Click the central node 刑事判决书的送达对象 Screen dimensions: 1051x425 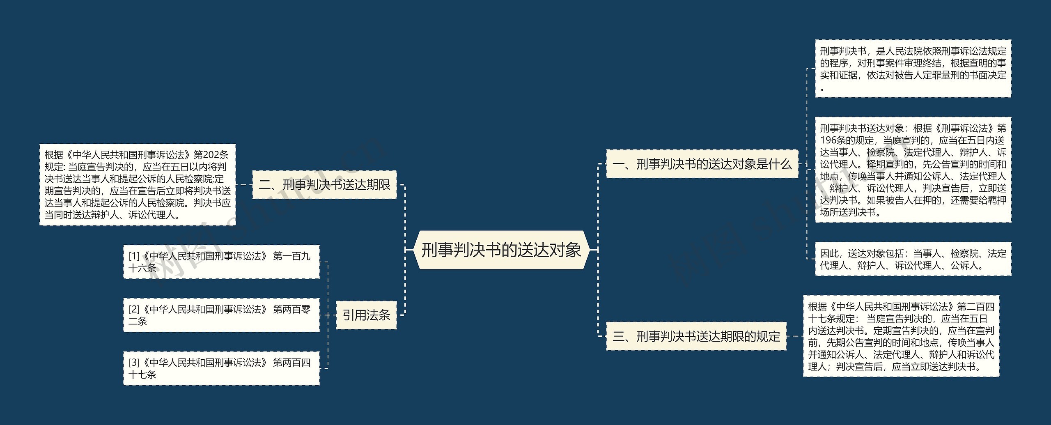pyautogui.click(x=501, y=250)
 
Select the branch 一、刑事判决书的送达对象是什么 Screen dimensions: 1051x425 pyautogui.click(x=702, y=164)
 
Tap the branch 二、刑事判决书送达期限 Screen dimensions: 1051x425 pyautogui.click(x=324, y=185)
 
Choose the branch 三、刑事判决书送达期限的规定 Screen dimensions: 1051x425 pyautogui.click(x=696, y=336)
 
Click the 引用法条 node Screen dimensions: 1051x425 pyautogui.click(x=366, y=315)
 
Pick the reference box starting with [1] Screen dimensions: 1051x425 pyautogui.click(x=221, y=262)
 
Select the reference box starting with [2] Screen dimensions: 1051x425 pyautogui.click(x=221, y=315)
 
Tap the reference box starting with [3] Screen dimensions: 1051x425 pyautogui.click(x=221, y=368)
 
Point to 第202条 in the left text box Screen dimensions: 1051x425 pyautogui.click(x=211, y=155)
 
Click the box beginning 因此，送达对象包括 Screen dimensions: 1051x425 pyautogui.click(x=913, y=259)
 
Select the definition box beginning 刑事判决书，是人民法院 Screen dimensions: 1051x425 pyautogui.click(x=913, y=69)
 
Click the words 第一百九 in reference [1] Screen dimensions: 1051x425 pyautogui.click(x=291, y=256)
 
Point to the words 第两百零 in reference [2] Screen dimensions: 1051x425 pyautogui.click(x=291, y=309)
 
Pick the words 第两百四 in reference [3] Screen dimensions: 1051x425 pyautogui.click(x=291, y=363)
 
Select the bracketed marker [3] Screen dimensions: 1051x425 pyautogui.click(x=134, y=363)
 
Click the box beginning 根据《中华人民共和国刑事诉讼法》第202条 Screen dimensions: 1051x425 pyautogui.click(x=138, y=185)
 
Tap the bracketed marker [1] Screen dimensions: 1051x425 pyautogui.click(x=134, y=256)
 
